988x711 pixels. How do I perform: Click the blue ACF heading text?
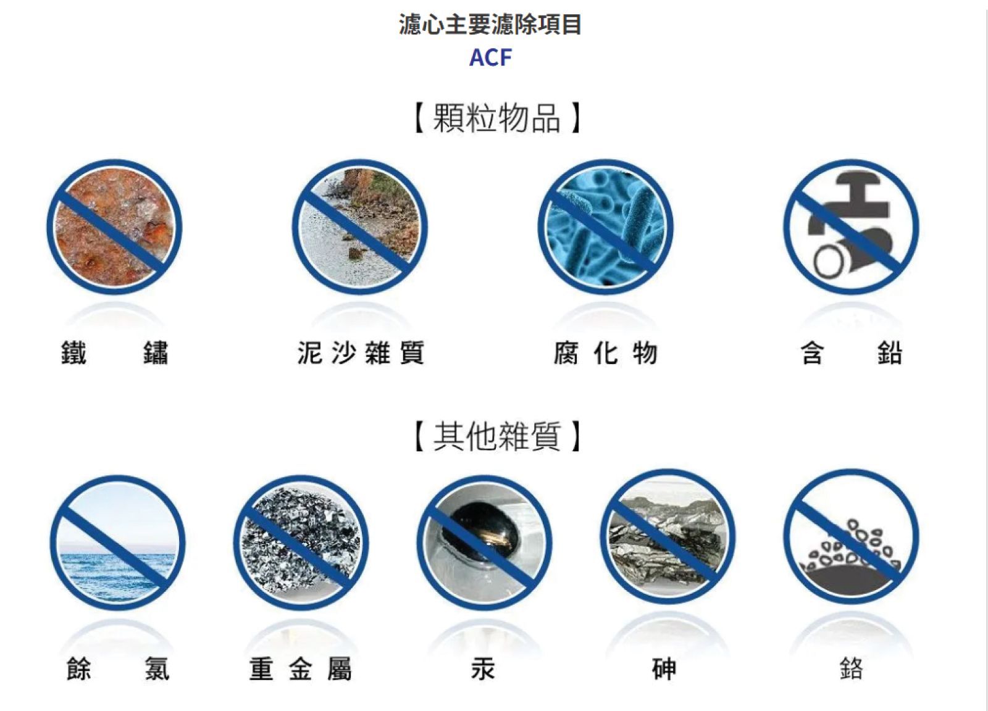tap(490, 57)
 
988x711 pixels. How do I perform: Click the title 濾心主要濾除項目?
tap(490, 24)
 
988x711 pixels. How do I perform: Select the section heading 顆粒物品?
tap(496, 118)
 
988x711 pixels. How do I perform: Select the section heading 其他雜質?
tap(496, 436)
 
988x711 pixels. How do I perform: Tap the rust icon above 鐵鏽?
tap(114, 227)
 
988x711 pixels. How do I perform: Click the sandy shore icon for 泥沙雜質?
tap(360, 227)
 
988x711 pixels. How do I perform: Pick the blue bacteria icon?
tap(606, 227)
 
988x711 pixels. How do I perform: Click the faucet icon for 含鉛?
tap(852, 227)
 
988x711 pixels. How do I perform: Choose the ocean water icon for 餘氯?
tap(117, 543)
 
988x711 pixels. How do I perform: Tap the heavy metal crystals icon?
tap(301, 543)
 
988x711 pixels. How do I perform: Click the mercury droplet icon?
tap(484, 543)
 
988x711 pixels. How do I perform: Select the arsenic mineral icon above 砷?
tap(668, 536)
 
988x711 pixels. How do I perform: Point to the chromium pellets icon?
tap(852, 536)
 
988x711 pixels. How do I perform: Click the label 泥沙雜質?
tap(361, 352)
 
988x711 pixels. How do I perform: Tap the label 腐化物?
tap(606, 352)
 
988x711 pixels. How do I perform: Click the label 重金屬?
tap(301, 668)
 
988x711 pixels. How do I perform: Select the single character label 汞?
tap(484, 668)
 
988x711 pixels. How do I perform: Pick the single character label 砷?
tap(664, 668)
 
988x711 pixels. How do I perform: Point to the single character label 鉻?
tap(852, 668)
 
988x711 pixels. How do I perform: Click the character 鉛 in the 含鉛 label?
tap(890, 352)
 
